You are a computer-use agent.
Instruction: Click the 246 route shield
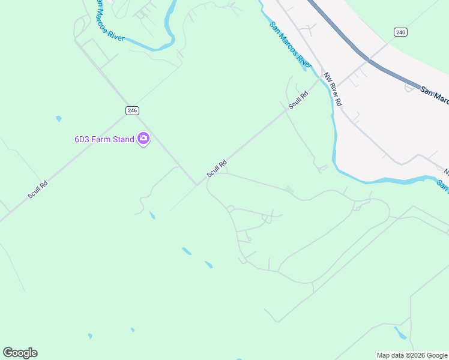tap(133, 110)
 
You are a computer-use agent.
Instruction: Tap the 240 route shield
tap(401, 32)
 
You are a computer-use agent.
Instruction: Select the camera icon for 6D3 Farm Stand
tap(143, 139)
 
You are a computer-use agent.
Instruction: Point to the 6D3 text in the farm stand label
tap(82, 140)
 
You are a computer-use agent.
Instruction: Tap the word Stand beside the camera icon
tap(124, 140)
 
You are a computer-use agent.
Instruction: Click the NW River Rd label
tap(333, 89)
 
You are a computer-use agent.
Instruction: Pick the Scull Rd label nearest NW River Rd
tap(298, 99)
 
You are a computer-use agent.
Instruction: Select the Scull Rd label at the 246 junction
tap(217, 168)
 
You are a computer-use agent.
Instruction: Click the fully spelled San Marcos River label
tap(291, 45)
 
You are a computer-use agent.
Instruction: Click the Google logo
tap(20, 353)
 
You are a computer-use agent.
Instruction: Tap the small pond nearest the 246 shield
tap(58, 118)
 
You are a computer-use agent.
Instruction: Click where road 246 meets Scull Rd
tap(197, 184)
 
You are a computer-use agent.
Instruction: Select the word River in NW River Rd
tap(333, 90)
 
